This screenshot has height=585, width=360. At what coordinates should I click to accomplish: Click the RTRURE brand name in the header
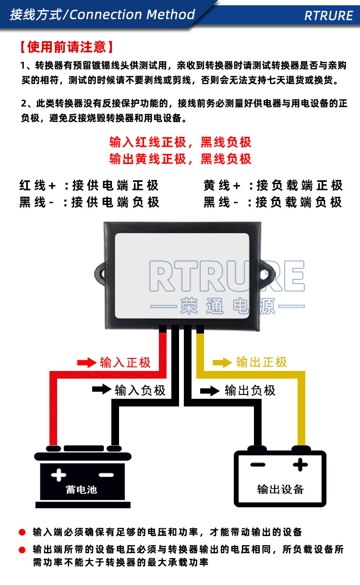328,15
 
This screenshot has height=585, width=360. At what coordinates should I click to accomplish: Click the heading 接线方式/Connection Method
102,14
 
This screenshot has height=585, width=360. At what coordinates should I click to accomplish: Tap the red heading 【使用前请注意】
67,47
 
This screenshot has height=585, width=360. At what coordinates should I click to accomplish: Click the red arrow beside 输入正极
87,362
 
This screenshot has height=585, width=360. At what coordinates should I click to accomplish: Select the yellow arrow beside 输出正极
222,362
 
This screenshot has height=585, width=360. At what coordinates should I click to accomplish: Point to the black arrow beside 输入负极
102,389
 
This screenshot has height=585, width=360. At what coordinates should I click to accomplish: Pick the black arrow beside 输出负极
210,390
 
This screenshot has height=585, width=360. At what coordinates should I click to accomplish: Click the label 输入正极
125,362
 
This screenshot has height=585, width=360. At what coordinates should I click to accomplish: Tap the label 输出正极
262,362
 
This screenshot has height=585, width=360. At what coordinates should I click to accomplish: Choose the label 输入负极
140,390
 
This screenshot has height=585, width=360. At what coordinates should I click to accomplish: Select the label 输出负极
250,390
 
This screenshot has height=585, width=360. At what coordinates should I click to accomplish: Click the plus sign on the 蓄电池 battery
59,475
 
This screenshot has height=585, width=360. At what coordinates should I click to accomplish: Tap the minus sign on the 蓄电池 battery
106,475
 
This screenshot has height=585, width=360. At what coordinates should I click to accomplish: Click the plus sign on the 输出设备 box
300,464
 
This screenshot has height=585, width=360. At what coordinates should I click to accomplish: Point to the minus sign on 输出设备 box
258,465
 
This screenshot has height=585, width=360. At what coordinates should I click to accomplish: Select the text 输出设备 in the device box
281,489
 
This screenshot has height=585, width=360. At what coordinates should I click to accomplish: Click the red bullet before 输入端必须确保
22,532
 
